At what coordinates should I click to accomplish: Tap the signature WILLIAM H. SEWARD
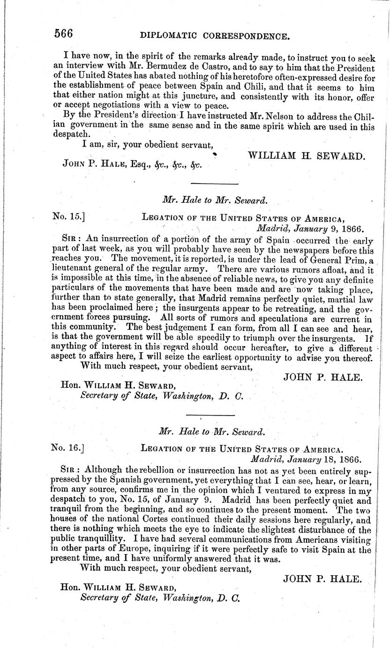(x=306, y=155)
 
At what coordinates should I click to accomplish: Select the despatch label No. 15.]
(x=69, y=218)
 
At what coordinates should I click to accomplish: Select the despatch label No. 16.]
(x=69, y=448)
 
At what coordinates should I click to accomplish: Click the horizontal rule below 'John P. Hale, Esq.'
(x=215, y=184)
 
